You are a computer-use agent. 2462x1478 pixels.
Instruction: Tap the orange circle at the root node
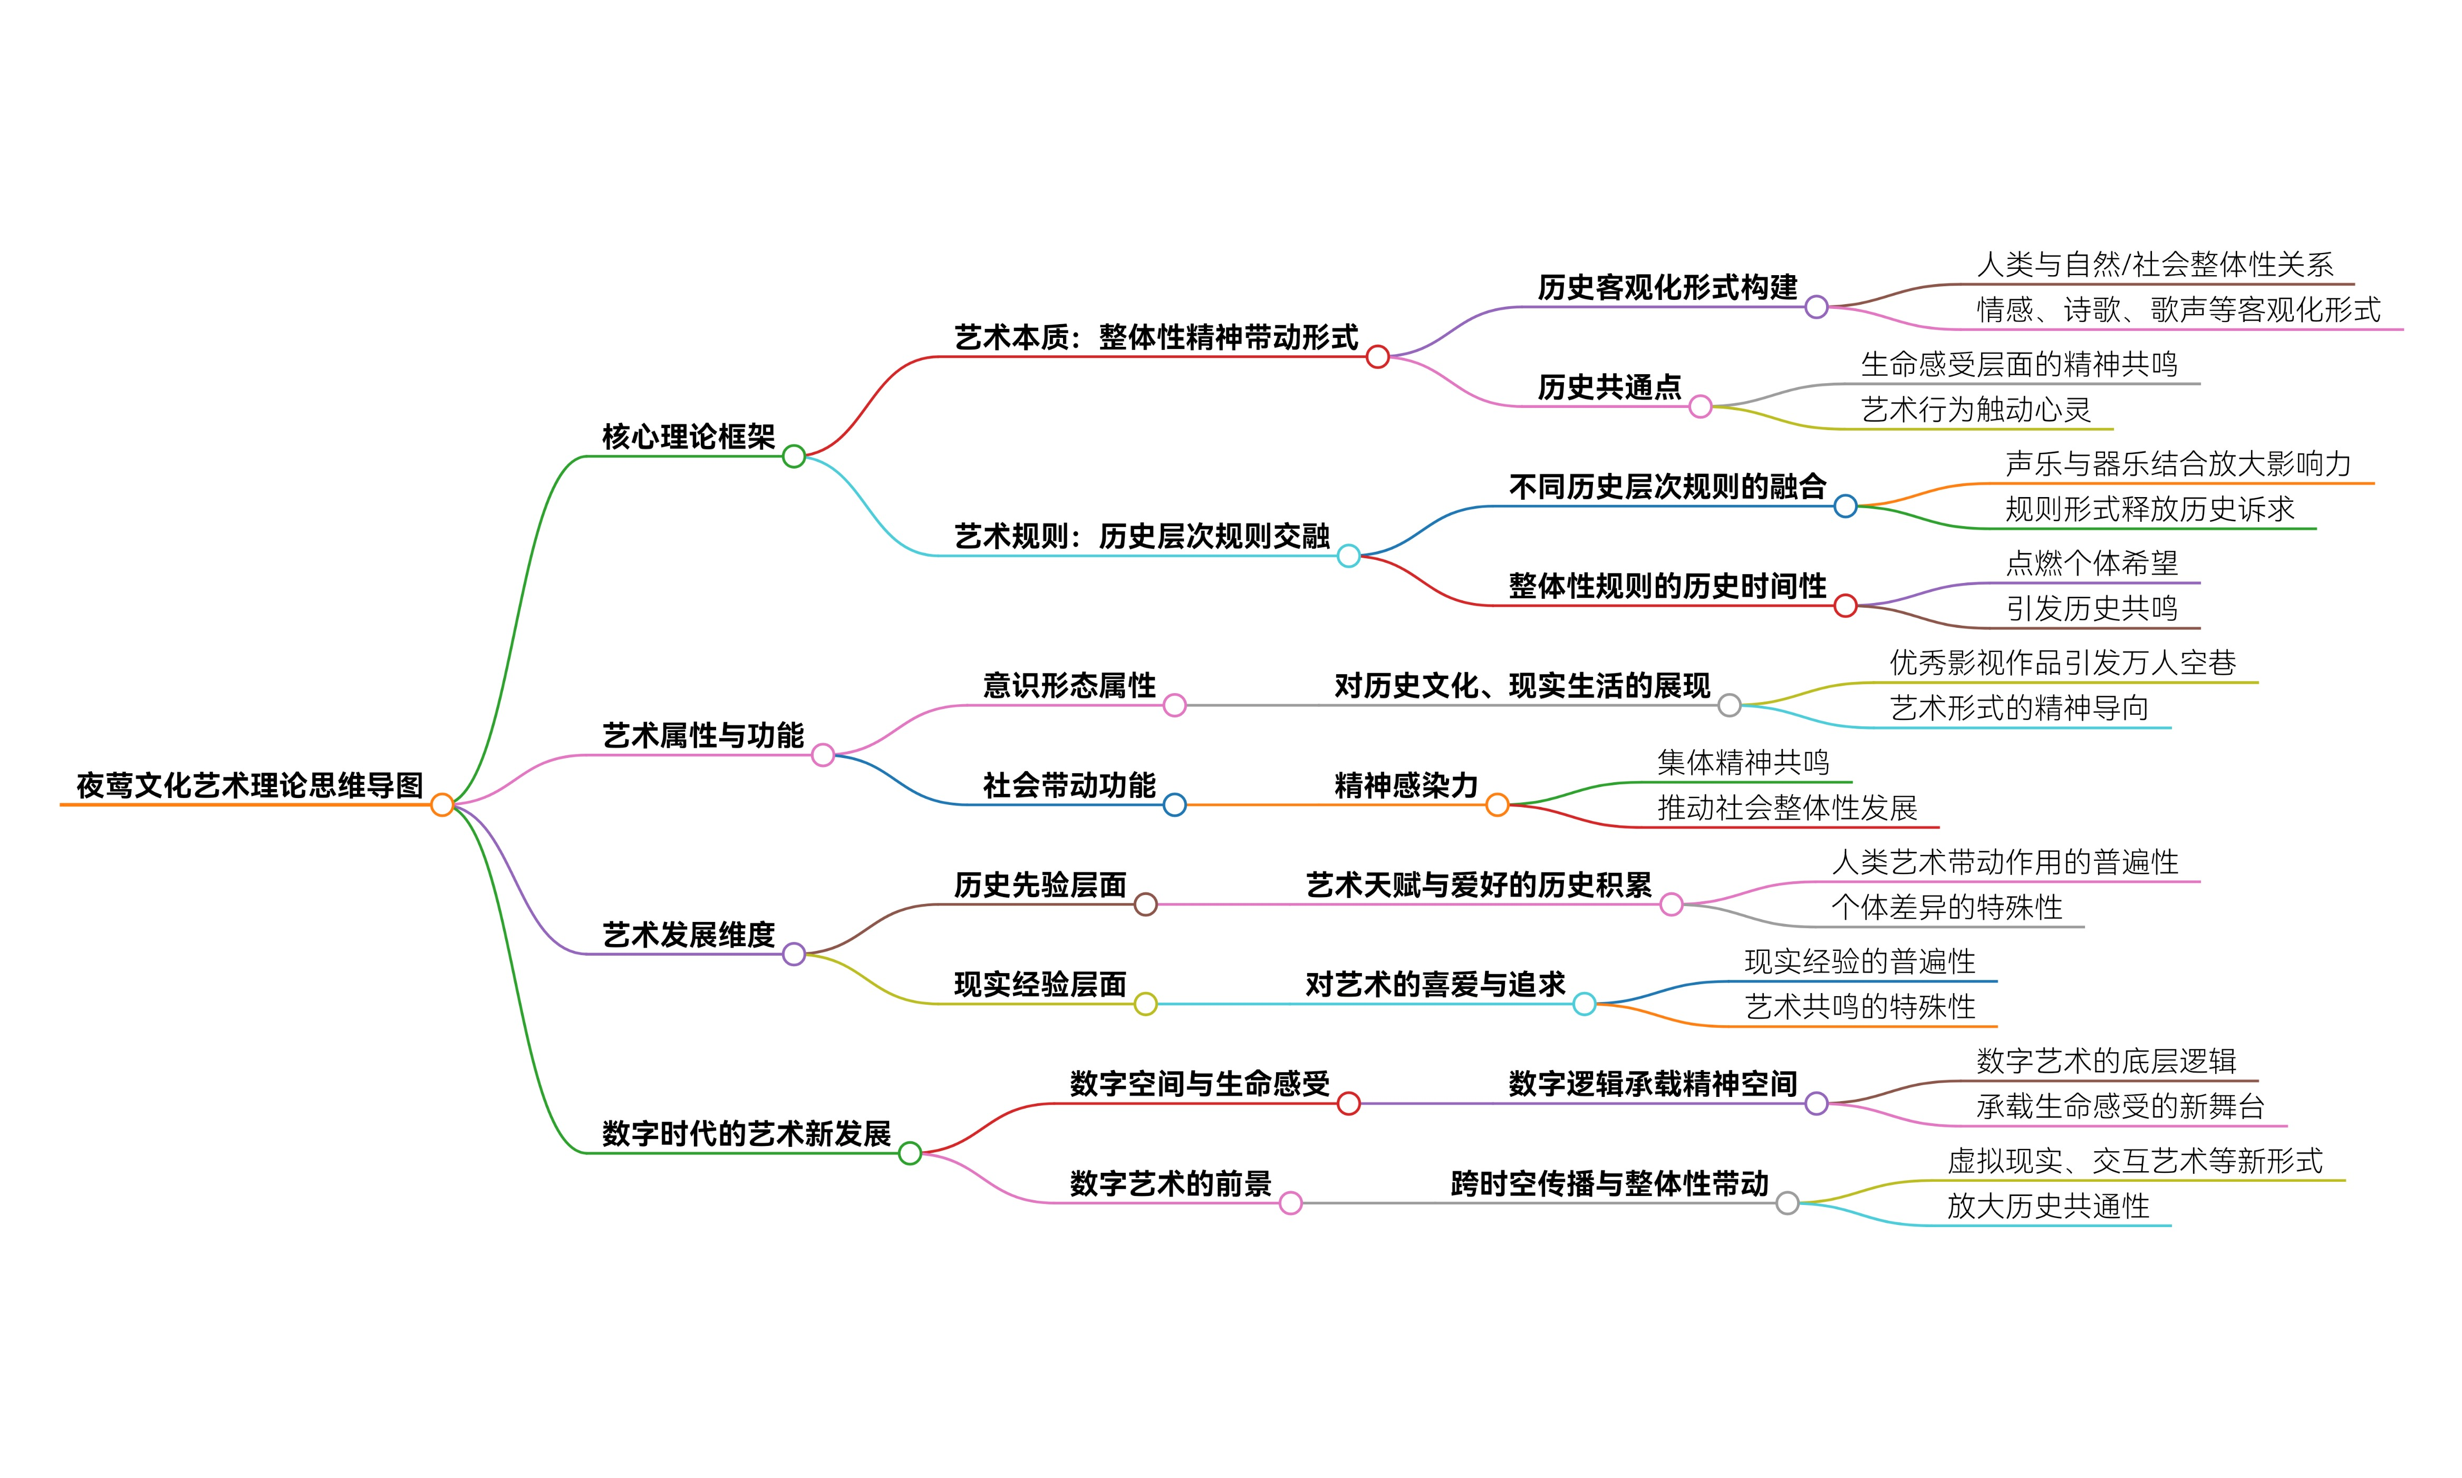pos(442,805)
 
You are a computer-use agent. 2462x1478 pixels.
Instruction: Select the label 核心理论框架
pos(689,436)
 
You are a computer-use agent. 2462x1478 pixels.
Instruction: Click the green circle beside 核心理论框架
pos(794,456)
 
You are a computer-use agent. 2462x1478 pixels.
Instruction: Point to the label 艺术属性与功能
pos(703,735)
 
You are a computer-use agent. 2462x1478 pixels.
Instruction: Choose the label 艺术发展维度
pos(689,934)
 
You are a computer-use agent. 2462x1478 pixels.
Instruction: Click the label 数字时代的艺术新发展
pos(746,1133)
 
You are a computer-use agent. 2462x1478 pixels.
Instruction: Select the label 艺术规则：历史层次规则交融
pos(1142,536)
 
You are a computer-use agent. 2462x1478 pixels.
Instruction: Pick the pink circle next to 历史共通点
pos(1701,406)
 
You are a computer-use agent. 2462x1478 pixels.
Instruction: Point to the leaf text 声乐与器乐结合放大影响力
pos(2178,463)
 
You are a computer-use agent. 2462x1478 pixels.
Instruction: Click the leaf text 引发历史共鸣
pos(2091,608)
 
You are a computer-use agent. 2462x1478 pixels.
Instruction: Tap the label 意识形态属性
pos(1069,685)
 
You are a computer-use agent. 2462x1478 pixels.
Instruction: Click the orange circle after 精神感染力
pos(1498,805)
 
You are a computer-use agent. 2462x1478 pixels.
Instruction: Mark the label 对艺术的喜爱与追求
pos(1436,984)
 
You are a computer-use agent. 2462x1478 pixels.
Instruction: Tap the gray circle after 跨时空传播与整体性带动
pos(1788,1203)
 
